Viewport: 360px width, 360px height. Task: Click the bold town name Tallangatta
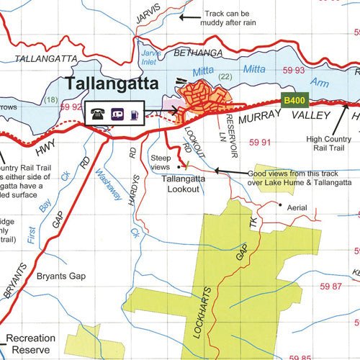click(x=112, y=84)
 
